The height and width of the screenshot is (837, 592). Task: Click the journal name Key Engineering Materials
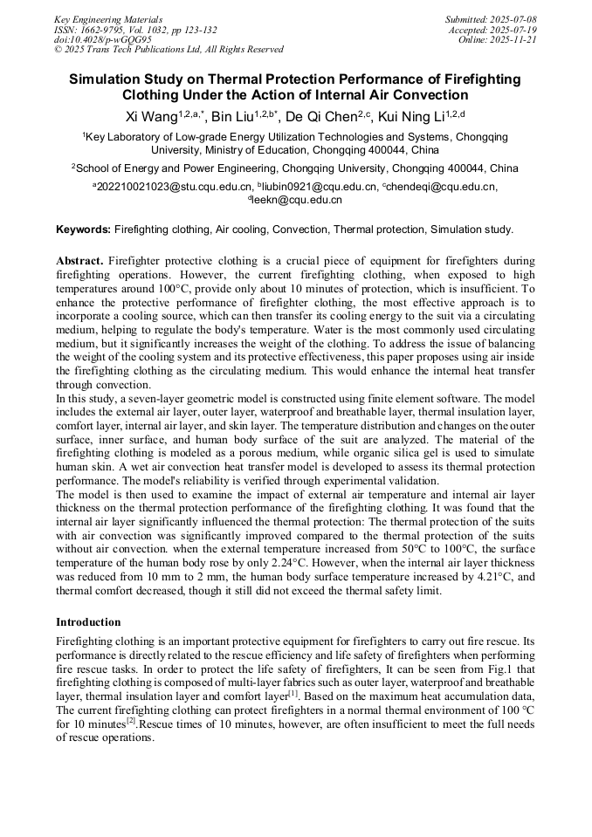108,18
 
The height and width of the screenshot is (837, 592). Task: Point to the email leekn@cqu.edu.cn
298,200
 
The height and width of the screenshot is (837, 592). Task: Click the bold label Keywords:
83,230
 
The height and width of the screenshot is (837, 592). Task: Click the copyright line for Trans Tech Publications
169,50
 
